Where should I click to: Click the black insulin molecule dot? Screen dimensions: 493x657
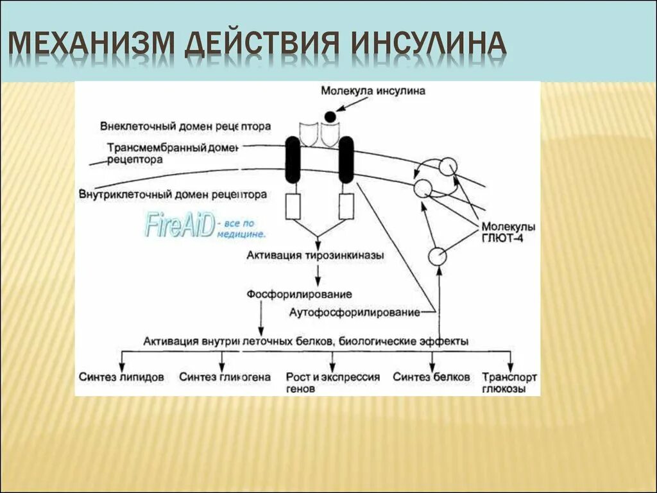[330, 116]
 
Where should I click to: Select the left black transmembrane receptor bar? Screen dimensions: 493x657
[292, 159]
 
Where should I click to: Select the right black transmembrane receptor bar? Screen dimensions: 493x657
[346, 159]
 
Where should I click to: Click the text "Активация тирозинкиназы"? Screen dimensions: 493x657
[315, 255]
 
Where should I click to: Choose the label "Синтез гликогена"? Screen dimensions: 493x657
[225, 377]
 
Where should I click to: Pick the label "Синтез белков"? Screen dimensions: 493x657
[431, 377]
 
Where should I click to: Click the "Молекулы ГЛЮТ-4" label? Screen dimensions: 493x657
[508, 233]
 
